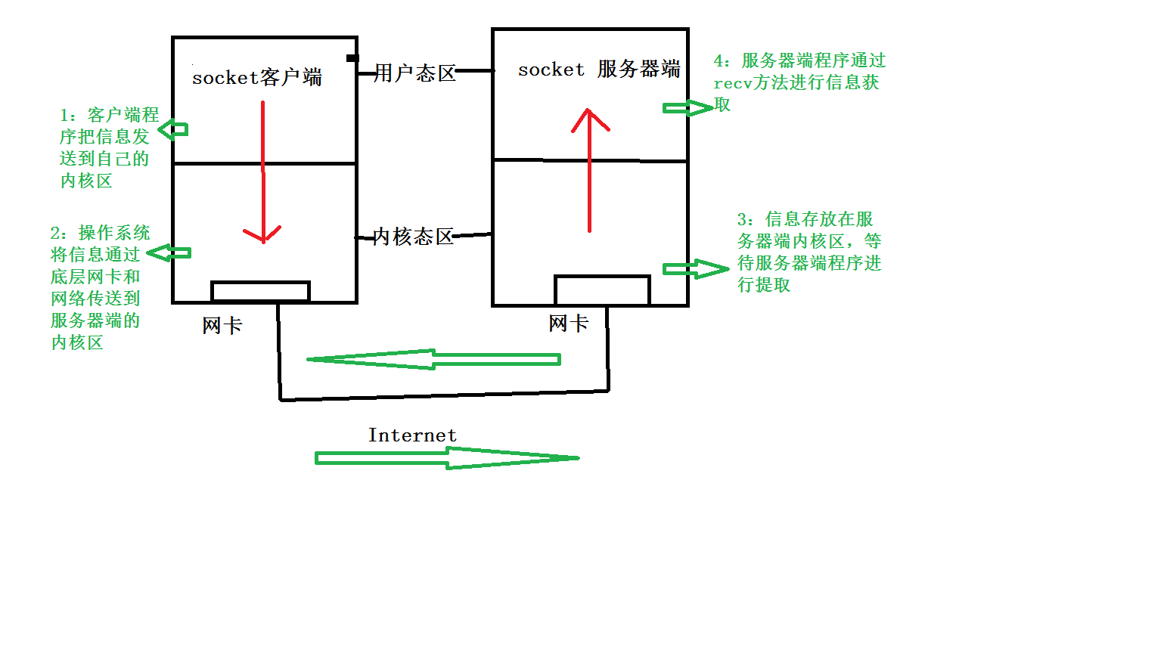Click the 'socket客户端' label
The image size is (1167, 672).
[257, 78]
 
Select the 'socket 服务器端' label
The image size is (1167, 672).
[599, 69]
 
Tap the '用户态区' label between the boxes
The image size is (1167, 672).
[415, 73]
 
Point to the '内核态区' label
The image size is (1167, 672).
[413, 237]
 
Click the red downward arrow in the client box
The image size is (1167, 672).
[263, 172]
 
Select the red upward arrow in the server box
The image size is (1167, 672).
[589, 170]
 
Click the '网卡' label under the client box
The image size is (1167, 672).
[222, 325]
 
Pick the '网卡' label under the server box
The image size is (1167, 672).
[569, 324]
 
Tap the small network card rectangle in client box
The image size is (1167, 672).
[260, 282]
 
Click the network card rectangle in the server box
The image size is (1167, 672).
[602, 276]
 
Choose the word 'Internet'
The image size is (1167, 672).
[413, 435]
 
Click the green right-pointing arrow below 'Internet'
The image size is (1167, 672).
[447, 458]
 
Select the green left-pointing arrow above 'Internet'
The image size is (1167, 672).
[433, 359]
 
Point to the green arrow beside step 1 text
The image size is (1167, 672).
[172, 129]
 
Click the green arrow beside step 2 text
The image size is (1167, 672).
[169, 253]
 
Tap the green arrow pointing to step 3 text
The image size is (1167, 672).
[696, 268]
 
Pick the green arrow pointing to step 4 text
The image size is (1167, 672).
[687, 108]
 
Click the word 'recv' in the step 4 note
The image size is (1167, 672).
[733, 83]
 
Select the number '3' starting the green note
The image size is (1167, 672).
[742, 219]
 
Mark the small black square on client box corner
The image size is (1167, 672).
[352, 57]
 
